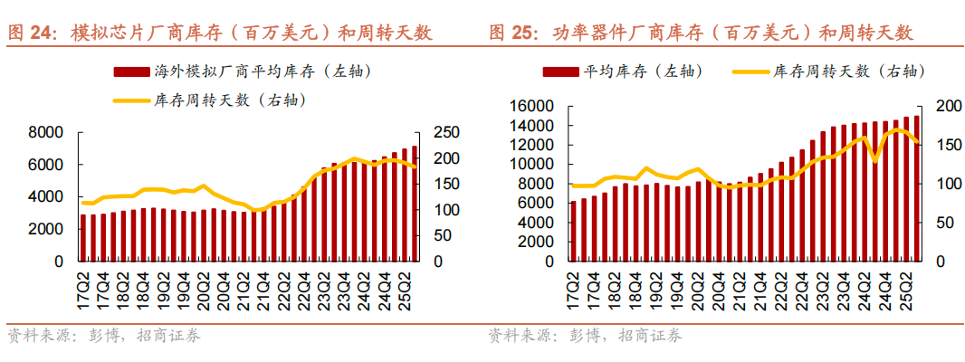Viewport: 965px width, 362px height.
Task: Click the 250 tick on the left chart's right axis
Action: click(450, 133)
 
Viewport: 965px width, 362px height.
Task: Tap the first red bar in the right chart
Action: click(573, 232)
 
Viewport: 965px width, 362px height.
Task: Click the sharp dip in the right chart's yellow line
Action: click(874, 161)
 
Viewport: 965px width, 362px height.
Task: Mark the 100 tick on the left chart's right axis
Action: click(450, 210)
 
